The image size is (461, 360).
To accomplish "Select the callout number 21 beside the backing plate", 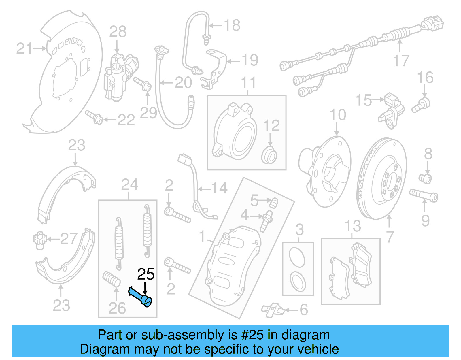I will [x=24, y=48].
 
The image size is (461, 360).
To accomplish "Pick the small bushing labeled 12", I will [x=269, y=155].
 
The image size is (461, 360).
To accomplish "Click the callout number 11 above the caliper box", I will [x=248, y=83].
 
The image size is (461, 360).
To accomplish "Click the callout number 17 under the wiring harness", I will [x=401, y=61].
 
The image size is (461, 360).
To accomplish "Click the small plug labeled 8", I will [x=425, y=178].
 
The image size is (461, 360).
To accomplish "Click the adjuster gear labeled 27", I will [x=38, y=240].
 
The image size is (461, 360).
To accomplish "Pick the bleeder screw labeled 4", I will [x=266, y=221].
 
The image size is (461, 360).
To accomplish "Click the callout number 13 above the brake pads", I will [x=353, y=226].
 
